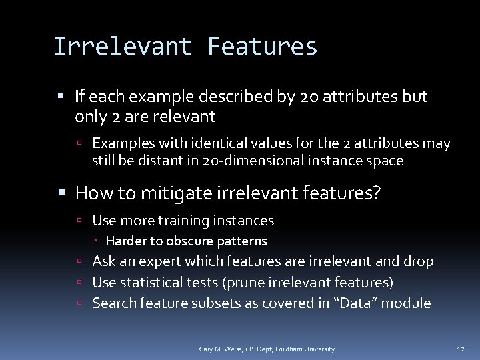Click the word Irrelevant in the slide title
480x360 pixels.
122,46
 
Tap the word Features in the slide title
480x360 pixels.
263,46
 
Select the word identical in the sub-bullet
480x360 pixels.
219,143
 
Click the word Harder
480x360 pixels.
124,240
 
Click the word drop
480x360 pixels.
419,262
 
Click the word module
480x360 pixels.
408,303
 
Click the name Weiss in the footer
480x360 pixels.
227,349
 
